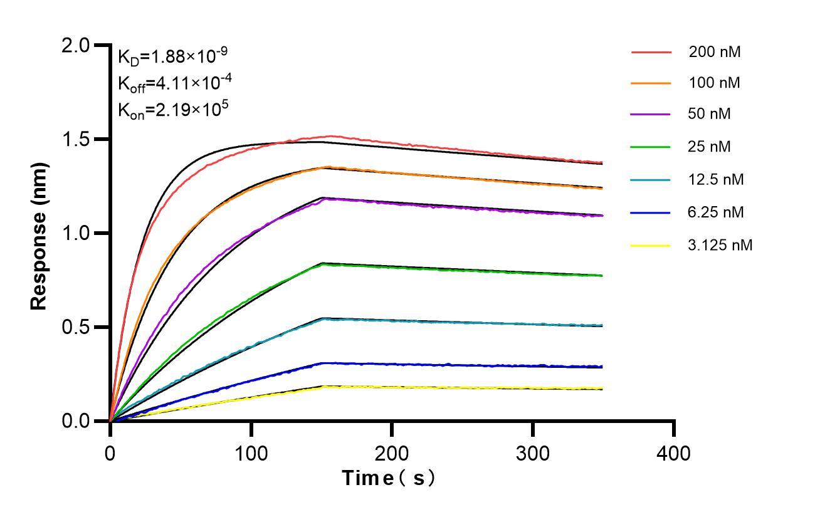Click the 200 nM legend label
(x=714, y=52)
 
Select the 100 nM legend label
(x=714, y=83)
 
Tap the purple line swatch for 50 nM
(x=651, y=115)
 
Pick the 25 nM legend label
(x=709, y=147)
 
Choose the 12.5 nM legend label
(x=715, y=180)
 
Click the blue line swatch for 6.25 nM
(x=651, y=212)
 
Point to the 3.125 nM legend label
(x=719, y=245)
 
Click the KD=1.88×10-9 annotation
(x=172, y=58)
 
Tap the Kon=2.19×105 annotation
(x=172, y=110)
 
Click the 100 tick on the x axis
(x=251, y=452)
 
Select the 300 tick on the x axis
(x=533, y=452)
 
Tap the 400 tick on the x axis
(x=674, y=452)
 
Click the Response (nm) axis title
(x=39, y=233)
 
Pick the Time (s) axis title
(x=389, y=479)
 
